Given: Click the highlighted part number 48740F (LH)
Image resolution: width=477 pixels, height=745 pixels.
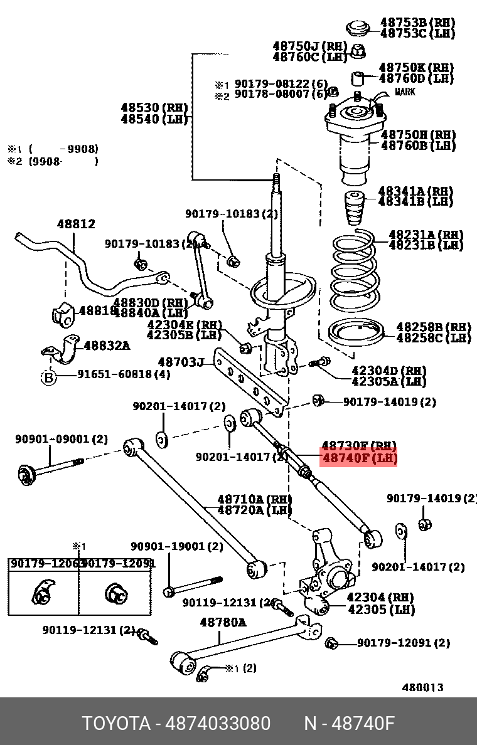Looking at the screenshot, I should (359, 458).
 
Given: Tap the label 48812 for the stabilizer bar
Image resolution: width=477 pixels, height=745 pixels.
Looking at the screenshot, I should (76, 224).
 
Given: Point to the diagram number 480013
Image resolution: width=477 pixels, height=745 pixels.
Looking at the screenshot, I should (422, 687).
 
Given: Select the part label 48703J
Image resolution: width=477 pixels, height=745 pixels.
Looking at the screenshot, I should (181, 362).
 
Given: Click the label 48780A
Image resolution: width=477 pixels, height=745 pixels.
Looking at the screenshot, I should (223, 622).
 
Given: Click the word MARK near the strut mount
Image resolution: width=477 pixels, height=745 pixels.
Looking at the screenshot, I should (405, 92).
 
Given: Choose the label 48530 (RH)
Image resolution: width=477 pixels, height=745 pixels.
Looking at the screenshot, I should (154, 108).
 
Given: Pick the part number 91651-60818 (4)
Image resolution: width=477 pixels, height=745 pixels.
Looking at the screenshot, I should (124, 375).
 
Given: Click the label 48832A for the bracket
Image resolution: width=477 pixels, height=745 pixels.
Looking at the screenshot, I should (107, 345).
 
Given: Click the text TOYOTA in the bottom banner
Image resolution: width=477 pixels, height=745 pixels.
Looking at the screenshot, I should (116, 724).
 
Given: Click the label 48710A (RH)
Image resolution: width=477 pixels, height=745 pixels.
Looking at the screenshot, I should (254, 499).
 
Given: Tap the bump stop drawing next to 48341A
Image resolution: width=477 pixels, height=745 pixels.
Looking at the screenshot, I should (356, 211).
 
